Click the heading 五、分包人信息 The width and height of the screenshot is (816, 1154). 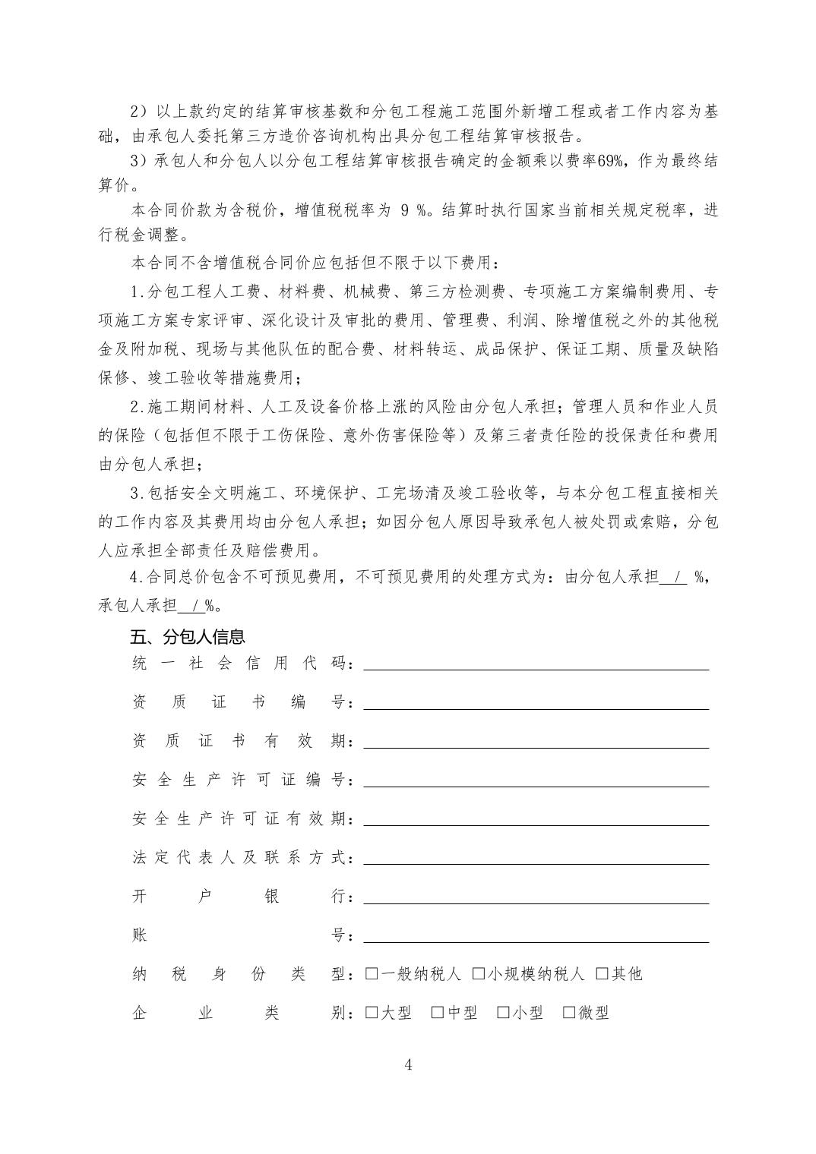click(188, 637)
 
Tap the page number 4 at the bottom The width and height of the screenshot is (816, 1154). click(408, 1064)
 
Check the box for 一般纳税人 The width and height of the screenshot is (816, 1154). click(372, 973)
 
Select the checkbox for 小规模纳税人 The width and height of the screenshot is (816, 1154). click(479, 973)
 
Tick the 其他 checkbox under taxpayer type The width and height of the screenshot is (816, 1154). click(603, 973)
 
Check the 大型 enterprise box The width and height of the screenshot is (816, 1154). click(372, 1012)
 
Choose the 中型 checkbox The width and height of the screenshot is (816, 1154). click(438, 1012)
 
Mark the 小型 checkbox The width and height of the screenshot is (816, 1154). click(503, 1012)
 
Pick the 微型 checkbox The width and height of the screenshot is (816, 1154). click(569, 1012)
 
